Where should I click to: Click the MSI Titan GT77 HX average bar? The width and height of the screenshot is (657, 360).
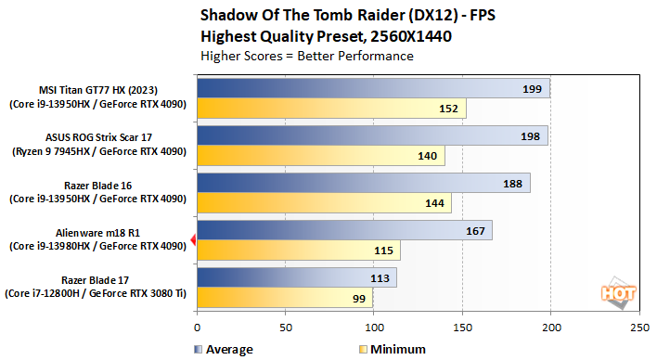coord(373,89)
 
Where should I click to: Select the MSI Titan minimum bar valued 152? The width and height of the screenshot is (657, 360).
coord(331,109)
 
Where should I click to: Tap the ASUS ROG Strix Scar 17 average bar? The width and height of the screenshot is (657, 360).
coord(372,136)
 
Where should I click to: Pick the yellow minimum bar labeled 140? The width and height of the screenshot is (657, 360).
coord(321,156)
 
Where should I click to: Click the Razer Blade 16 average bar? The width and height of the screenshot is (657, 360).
coord(363,183)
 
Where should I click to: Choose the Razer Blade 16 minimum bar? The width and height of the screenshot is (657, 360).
coord(324,202)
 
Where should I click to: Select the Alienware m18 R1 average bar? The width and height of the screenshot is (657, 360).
coord(344,231)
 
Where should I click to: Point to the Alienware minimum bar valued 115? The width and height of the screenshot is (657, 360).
coord(299,250)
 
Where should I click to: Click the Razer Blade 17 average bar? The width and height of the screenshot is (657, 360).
coord(297,277)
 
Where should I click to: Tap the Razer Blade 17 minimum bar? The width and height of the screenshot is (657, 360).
coord(284,297)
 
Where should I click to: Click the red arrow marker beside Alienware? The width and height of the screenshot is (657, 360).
coord(192,240)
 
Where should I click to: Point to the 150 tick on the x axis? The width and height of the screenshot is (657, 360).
coord(462,328)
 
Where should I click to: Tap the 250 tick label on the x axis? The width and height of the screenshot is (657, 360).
coord(638,328)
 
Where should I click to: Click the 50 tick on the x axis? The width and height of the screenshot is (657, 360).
coord(285,328)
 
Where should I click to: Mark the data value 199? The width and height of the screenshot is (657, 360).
coord(533,89)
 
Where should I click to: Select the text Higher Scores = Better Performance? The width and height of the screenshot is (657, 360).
coord(307,56)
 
